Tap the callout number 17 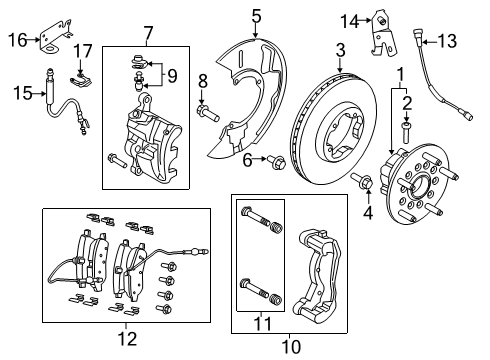83,50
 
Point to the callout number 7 148,36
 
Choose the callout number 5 256,15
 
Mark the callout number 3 340,50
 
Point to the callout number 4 365,213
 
